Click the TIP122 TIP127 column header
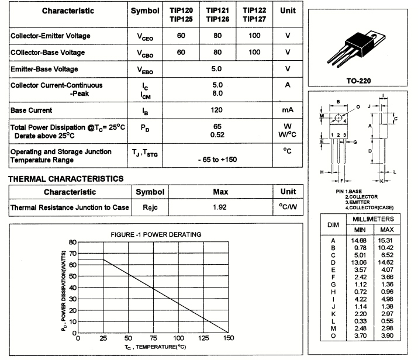coord(254,14)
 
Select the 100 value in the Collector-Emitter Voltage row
coord(254,36)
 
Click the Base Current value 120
coord(217,110)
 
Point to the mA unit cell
coord(288,110)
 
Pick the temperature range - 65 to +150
coord(217,159)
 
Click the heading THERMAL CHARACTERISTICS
coord(65,178)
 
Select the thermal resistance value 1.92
coord(220,207)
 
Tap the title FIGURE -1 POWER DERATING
coord(156,234)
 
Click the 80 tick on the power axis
coord(72,242)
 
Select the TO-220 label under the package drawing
coord(359,81)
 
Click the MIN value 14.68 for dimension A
coord(359,240)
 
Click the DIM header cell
coord(333,224)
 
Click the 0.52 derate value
coord(217,134)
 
